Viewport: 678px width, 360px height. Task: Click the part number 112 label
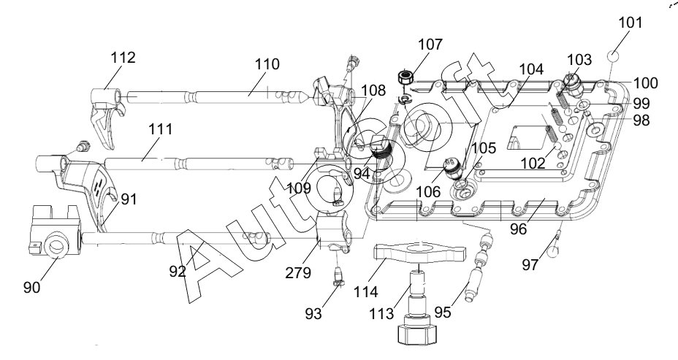click(123, 58)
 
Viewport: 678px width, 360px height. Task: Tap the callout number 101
click(630, 22)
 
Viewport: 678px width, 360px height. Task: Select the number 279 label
click(298, 272)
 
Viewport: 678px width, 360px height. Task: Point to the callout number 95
click(442, 312)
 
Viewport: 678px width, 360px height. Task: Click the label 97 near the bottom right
click(530, 264)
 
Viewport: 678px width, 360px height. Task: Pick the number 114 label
click(366, 291)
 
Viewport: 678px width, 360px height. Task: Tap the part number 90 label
click(32, 288)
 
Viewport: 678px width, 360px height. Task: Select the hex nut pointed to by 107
click(405, 78)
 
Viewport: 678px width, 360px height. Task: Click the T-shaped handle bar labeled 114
click(419, 253)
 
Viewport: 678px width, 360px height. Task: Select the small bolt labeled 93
click(338, 277)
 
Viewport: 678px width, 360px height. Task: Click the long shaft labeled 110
click(217, 97)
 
